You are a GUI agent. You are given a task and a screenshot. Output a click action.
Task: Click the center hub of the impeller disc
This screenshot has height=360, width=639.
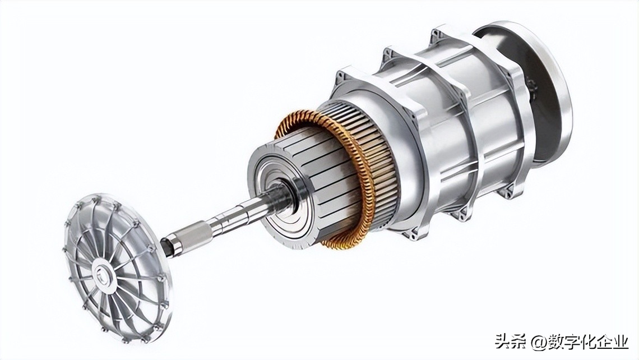103,273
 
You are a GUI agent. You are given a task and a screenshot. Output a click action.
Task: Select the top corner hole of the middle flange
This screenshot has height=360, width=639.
388,53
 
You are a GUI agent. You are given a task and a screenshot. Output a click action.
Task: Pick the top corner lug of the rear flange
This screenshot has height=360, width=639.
438,32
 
